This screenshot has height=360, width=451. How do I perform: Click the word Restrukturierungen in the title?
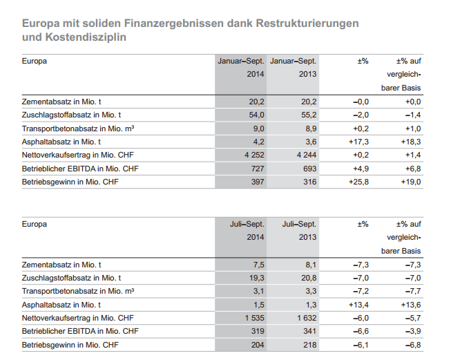[307, 23]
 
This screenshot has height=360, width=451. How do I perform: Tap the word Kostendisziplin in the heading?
[86, 37]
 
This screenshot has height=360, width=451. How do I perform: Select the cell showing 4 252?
[254, 155]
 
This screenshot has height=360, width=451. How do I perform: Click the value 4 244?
[307, 155]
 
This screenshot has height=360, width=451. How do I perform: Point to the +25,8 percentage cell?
[358, 182]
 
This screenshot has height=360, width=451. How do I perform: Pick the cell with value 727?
[258, 169]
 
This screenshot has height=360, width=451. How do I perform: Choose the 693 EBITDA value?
[310, 169]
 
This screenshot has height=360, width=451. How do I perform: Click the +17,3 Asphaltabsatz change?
[358, 142]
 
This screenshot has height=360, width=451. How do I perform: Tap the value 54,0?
[256, 115]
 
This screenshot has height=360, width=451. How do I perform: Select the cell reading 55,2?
[309, 115]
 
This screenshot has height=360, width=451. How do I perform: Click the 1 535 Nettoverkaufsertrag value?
[255, 318]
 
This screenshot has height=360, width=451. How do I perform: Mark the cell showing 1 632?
[307, 318]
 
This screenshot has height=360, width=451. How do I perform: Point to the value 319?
[258, 331]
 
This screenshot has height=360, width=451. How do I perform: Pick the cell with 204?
[258, 345]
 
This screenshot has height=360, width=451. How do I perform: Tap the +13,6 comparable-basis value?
[411, 305]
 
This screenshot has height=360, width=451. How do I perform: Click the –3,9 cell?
[413, 331]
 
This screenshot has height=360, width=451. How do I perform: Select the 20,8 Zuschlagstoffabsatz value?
[309, 278]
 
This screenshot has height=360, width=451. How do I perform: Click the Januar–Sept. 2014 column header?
[241, 68]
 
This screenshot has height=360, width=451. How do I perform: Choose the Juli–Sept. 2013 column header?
[299, 231]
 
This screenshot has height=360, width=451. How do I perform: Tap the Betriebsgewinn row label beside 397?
[70, 182]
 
